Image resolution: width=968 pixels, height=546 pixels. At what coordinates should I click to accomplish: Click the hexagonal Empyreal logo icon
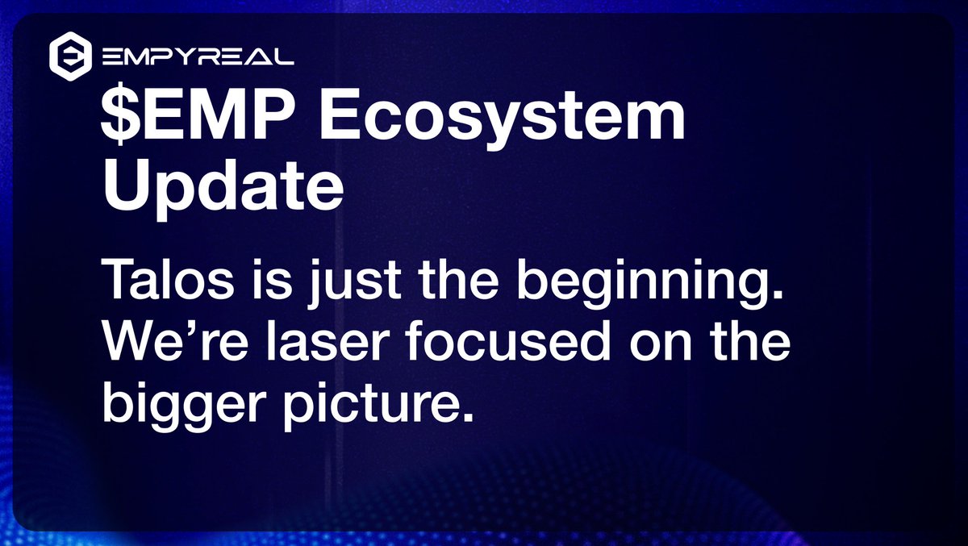(x=70, y=56)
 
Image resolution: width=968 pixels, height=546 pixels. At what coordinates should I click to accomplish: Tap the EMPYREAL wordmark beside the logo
(x=198, y=56)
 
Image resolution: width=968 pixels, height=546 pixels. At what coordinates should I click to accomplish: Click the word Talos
(x=168, y=280)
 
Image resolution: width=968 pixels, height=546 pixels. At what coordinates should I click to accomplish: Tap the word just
(x=354, y=283)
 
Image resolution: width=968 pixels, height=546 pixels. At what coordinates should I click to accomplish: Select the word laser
(x=328, y=340)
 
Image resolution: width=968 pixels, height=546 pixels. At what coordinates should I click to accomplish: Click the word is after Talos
(x=272, y=280)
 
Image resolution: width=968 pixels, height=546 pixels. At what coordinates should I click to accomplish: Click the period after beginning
(x=777, y=294)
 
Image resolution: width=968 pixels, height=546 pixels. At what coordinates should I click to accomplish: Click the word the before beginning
(x=459, y=280)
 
